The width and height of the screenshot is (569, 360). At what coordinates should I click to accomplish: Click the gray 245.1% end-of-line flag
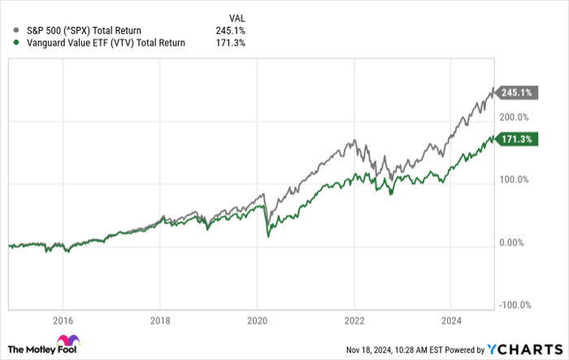pos(516,93)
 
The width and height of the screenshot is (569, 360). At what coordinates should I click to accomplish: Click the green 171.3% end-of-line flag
pos(516,140)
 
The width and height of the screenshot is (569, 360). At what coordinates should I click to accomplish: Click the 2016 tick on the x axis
pos(63,319)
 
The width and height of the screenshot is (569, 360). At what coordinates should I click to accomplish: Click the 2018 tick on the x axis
pos(160,319)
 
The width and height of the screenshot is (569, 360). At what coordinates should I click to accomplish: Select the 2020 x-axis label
pos(257,319)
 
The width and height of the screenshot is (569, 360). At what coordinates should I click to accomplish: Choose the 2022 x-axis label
pos(354,319)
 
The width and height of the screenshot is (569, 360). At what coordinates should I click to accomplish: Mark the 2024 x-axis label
pos(450,319)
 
